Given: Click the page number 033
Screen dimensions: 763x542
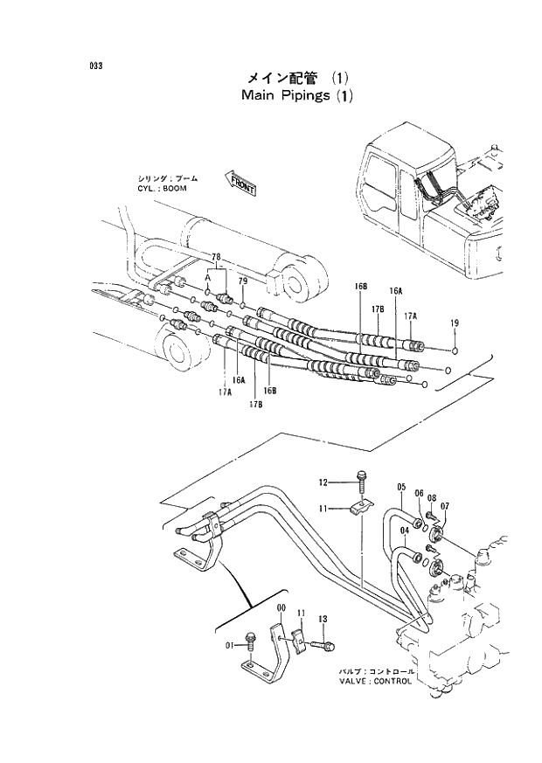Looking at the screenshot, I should (95, 66).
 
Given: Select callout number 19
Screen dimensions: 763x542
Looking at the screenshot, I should (454, 323).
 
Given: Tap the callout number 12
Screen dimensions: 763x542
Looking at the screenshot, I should (323, 482).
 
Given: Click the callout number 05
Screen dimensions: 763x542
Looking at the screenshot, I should (401, 487).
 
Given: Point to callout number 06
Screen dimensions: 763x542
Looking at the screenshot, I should (419, 493).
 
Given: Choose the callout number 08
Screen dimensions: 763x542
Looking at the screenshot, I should (432, 497).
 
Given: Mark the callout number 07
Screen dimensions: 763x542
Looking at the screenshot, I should (445, 505).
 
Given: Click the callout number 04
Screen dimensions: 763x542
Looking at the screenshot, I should (405, 530).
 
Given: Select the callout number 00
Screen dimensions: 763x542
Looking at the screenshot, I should (281, 608).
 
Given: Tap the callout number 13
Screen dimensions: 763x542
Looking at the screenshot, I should (323, 619).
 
